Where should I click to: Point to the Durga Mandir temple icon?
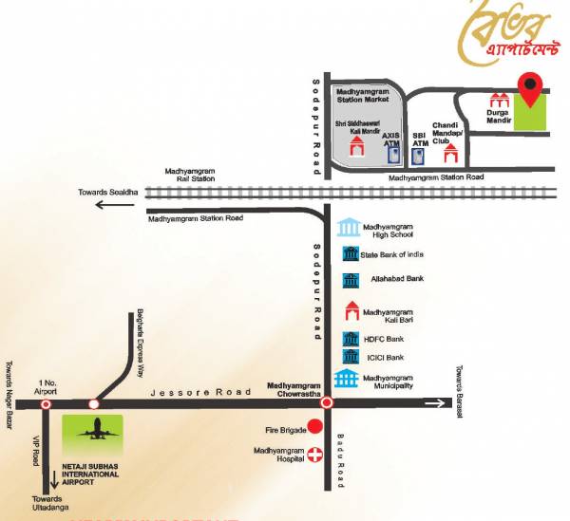pyautogui.click(x=498, y=100)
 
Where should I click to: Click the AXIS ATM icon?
pyautogui.click(x=390, y=155)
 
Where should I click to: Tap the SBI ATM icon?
pyautogui.click(x=420, y=157)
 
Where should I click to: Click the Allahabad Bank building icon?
pyautogui.click(x=349, y=280)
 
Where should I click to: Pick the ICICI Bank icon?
pyautogui.click(x=349, y=358)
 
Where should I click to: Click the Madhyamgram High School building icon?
pyautogui.click(x=349, y=228)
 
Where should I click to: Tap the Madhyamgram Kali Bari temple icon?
pyautogui.click(x=349, y=310)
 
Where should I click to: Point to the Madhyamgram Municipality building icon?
pyautogui.click(x=348, y=380)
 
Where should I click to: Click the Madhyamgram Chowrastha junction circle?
pyautogui.click(x=326, y=403)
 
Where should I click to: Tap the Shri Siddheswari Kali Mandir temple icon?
pyautogui.click(x=357, y=145)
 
